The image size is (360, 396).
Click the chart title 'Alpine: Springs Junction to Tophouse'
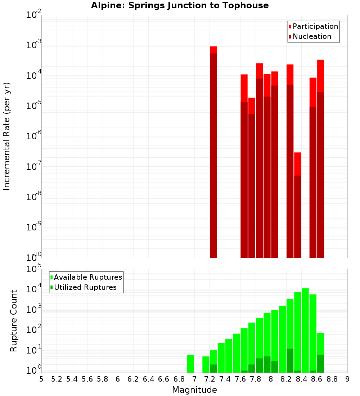180,5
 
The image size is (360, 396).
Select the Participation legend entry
314,26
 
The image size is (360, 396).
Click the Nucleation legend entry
310,36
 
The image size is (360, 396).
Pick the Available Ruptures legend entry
86,277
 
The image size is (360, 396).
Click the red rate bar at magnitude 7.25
213,151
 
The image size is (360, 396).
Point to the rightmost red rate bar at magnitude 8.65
321,158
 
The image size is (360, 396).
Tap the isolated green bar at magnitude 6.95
190,364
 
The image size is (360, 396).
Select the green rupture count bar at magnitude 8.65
321,353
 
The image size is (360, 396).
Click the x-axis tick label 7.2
210,379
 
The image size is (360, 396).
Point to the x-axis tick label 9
347,379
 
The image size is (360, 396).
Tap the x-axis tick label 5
41,379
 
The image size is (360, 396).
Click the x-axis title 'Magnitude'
194,390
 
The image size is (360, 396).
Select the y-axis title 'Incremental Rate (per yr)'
7,136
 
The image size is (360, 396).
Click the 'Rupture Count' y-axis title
14,321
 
